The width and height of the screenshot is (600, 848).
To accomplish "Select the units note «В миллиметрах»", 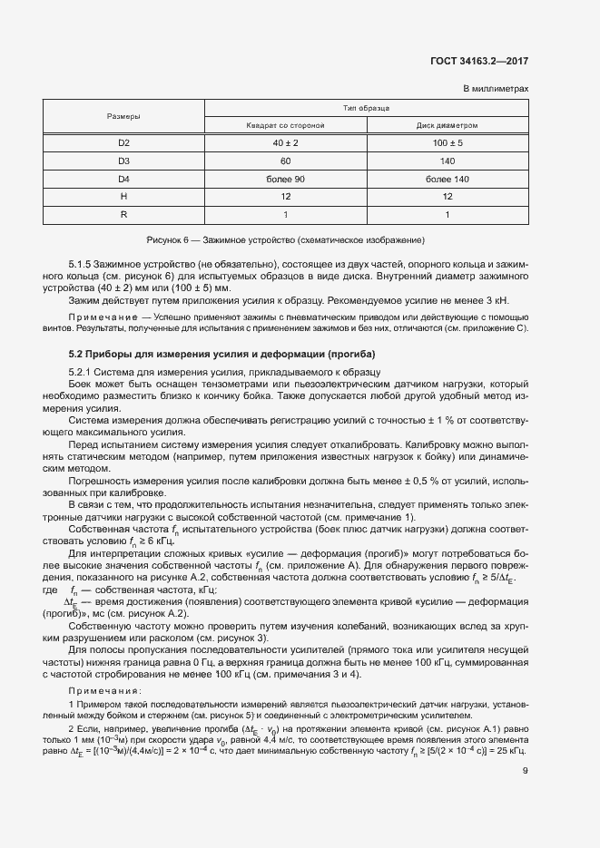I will click(496, 88).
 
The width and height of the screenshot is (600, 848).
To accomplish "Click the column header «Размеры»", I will click(123, 116).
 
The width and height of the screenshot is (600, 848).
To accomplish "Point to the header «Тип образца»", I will click(367, 107).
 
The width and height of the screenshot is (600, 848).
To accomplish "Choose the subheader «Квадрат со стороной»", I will click(286, 125).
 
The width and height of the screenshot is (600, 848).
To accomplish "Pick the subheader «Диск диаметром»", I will click(448, 125).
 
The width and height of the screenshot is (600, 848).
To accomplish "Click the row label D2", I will click(123, 143).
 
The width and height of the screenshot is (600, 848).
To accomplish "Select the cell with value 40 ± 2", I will click(286, 143).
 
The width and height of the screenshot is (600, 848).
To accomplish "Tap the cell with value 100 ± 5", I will click(448, 143).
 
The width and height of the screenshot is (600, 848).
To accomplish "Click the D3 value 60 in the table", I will click(286, 161).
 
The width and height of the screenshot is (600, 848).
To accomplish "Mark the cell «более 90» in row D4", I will click(286, 179).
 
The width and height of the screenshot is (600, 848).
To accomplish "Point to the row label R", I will click(123, 215).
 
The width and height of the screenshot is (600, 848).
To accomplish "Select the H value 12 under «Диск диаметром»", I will click(448, 197).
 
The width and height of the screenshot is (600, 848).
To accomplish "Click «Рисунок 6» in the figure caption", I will click(168, 240).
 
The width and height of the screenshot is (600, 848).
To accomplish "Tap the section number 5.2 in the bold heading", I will click(77, 354).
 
